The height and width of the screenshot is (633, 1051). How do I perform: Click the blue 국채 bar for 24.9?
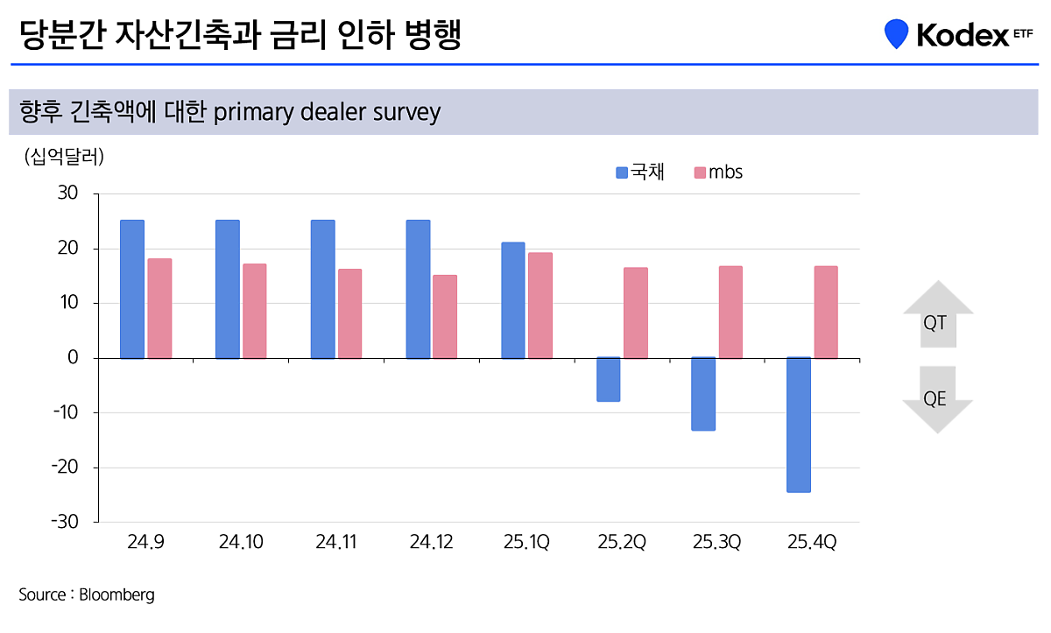point(132,289)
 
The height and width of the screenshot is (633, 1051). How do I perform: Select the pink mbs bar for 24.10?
point(255,311)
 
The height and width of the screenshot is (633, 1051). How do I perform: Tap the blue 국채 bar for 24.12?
point(419,289)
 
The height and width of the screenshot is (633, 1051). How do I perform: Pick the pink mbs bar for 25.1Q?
point(540,306)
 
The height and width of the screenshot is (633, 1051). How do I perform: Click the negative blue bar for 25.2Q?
point(609,379)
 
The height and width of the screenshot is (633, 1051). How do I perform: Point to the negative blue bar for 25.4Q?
point(799,425)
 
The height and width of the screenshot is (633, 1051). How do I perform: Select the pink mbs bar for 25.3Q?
point(730,312)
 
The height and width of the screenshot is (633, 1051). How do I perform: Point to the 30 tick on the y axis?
point(68,193)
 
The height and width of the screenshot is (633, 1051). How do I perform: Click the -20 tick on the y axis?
point(65,468)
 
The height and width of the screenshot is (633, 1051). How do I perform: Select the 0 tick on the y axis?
point(73,358)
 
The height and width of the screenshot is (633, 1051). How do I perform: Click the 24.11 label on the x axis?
point(335,543)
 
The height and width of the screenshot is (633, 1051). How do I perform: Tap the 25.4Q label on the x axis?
point(811,543)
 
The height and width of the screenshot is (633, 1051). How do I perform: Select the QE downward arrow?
point(938,400)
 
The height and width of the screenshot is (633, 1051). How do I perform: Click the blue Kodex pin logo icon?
point(896,34)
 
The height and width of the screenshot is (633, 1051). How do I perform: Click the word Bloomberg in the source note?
point(116,595)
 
